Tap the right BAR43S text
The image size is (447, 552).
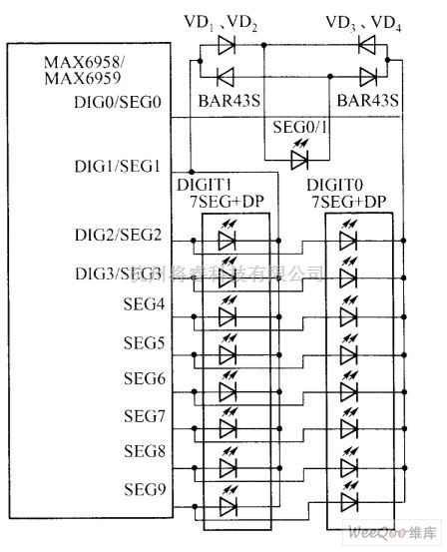point(367,101)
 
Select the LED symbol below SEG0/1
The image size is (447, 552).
point(297,159)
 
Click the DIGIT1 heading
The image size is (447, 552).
point(204,186)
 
